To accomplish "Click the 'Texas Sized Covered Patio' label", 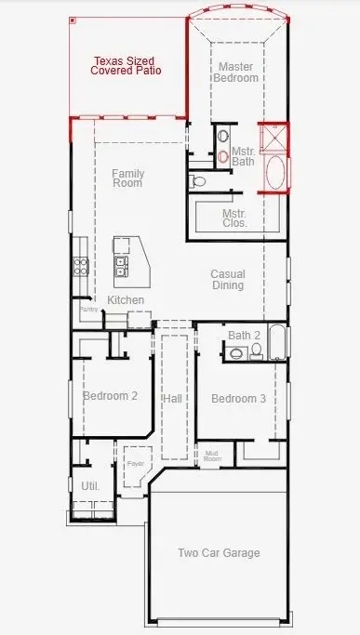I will point(127,64).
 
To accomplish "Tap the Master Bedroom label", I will point(237,73).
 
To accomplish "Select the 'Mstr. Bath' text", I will point(244,155).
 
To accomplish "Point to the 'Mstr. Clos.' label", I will point(233,218).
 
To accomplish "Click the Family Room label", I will point(127,178).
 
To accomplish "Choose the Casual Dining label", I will point(227,279).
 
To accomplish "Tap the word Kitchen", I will point(126,299).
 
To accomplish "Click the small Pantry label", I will point(88,309).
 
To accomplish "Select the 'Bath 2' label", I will point(243,335).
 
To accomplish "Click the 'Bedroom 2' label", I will point(110,396).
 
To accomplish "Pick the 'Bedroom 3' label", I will point(238,399).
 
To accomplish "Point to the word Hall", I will point(172,399).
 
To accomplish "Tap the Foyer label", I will point(136,461).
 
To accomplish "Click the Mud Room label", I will point(212,456).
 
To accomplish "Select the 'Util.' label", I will point(90,485).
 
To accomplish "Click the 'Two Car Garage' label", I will point(219,553).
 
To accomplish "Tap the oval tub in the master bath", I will point(275,173).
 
